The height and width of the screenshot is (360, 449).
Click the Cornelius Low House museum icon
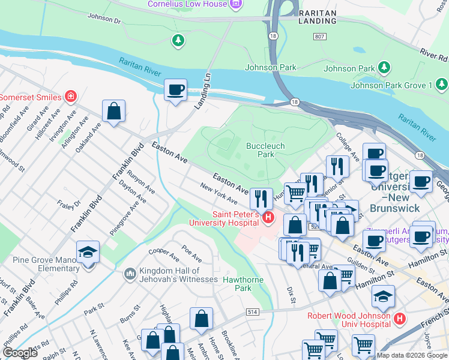pyautogui.click(x=236, y=4)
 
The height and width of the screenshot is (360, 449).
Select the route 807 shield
pyautogui.click(x=319, y=37)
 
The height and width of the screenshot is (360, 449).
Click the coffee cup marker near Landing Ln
pyautogui.click(x=176, y=90)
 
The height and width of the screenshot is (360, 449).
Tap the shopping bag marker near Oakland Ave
pyautogui.click(x=113, y=111)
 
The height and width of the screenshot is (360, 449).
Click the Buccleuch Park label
pyautogui.click(x=265, y=150)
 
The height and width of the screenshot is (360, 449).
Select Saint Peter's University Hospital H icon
pyautogui.click(x=269, y=217)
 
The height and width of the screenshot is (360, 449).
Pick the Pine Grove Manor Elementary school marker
pyautogui.click(x=88, y=252)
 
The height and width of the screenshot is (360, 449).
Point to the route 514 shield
pyautogui.click(x=253, y=312)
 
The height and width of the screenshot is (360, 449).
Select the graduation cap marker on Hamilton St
pyautogui.click(x=383, y=296)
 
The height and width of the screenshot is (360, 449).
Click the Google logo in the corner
pyautogui.click(x=20, y=353)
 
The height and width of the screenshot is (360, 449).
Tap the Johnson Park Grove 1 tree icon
pyautogui.click(x=384, y=68)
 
